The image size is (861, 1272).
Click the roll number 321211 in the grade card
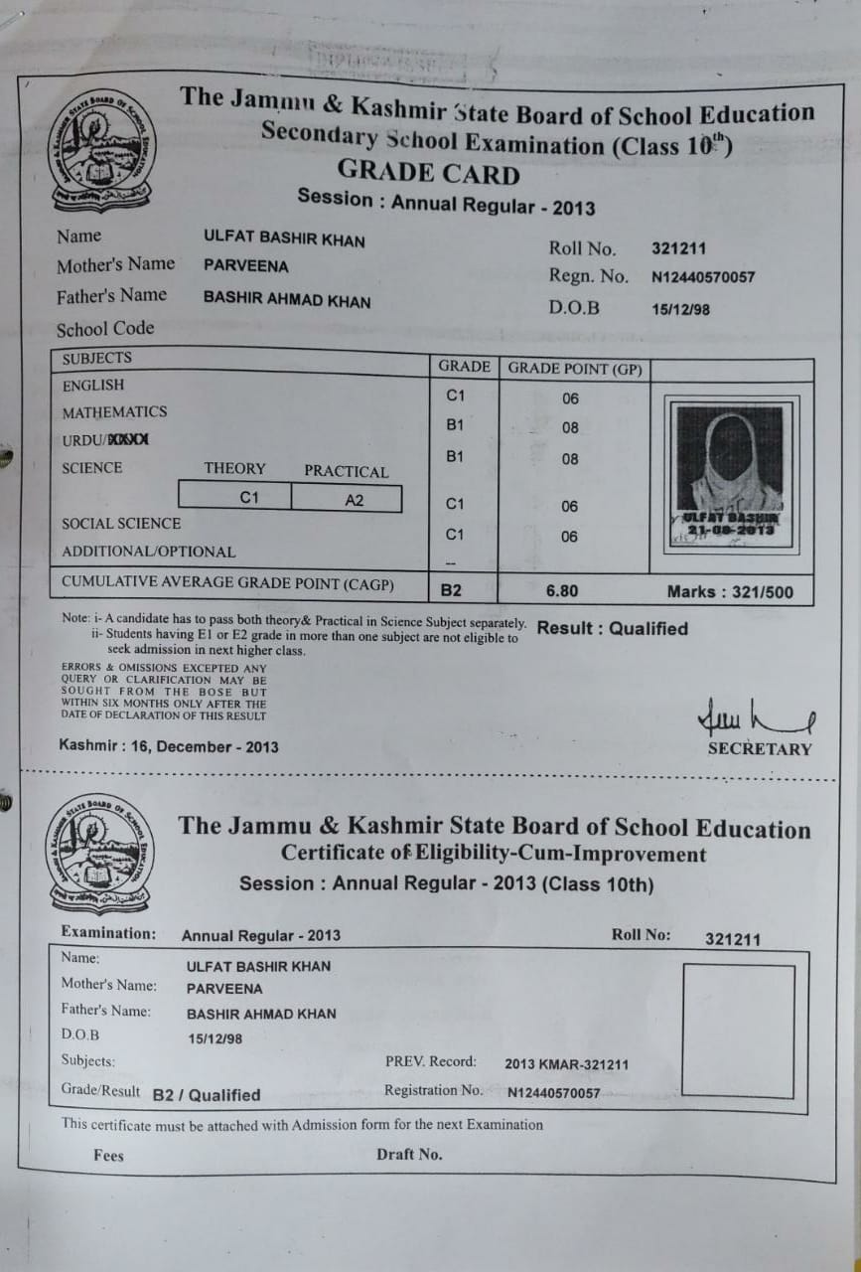[x=679, y=249]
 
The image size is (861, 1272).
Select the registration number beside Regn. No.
[x=703, y=278]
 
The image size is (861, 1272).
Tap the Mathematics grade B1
[x=455, y=425]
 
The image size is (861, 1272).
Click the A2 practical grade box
[x=355, y=501]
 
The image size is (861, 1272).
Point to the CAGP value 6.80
[x=562, y=591]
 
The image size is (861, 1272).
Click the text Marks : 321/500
[x=730, y=592]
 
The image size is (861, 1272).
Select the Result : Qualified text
[x=612, y=629]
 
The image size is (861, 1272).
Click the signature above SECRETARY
[x=757, y=716]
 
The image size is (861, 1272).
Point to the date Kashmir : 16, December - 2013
[x=169, y=747]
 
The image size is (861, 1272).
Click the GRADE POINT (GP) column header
[x=575, y=369]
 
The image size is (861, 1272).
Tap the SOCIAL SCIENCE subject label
[x=121, y=524]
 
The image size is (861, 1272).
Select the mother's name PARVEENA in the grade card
[x=245, y=266]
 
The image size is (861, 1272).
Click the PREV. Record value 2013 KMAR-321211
[x=566, y=1064]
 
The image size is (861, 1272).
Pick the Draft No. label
[x=409, y=1155]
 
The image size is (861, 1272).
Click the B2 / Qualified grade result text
[x=207, y=1095]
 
